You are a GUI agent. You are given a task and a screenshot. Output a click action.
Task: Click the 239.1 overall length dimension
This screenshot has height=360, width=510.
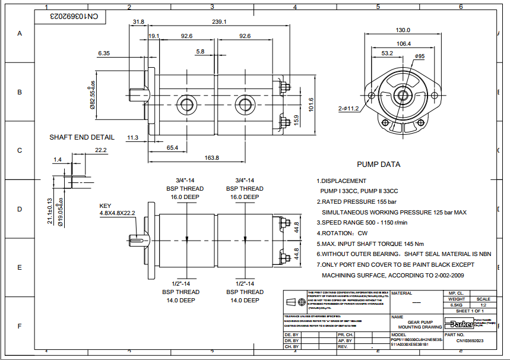[219, 21]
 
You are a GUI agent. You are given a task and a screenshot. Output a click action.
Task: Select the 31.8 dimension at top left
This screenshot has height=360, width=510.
[138, 21]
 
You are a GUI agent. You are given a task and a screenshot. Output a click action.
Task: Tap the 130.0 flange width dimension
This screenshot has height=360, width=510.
[403, 30]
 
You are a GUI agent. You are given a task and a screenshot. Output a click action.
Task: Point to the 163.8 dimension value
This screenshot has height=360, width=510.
[211, 157]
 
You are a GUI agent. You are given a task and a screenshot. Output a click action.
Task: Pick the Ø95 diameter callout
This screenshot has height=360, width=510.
[419, 56]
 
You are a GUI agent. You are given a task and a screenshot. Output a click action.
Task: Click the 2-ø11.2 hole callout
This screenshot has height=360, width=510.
[349, 109]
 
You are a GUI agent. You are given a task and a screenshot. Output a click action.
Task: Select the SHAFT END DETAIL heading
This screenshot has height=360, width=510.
[82, 137]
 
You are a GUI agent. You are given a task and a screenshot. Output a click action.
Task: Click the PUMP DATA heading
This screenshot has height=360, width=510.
[378, 164]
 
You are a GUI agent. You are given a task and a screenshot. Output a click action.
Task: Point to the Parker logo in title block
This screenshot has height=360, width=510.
[461, 323]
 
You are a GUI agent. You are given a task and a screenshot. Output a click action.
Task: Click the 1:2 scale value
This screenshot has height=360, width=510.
[483, 305]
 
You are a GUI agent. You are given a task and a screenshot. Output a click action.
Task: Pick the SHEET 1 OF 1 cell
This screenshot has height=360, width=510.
[470, 311]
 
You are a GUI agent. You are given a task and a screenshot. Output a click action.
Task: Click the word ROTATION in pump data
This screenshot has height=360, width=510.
[338, 233]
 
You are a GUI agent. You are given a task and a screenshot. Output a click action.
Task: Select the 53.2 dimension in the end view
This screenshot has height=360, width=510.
[387, 53]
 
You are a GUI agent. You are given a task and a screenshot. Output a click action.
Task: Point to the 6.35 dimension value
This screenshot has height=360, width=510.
[104, 53]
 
